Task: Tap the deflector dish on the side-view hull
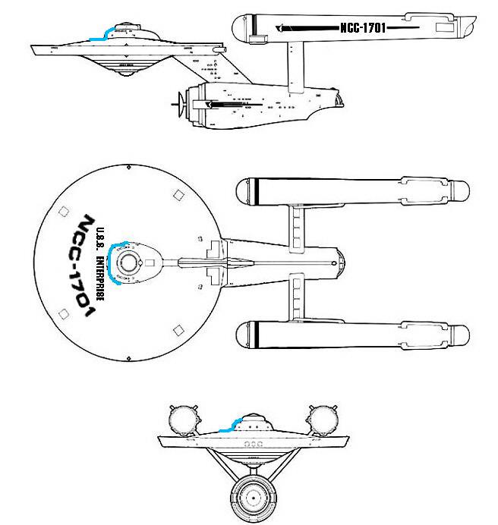click(x=181, y=99)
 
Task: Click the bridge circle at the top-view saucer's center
click(x=129, y=262)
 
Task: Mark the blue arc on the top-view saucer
click(x=112, y=262)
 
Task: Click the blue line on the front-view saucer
click(x=229, y=426)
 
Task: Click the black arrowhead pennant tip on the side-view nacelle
click(x=279, y=27)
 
